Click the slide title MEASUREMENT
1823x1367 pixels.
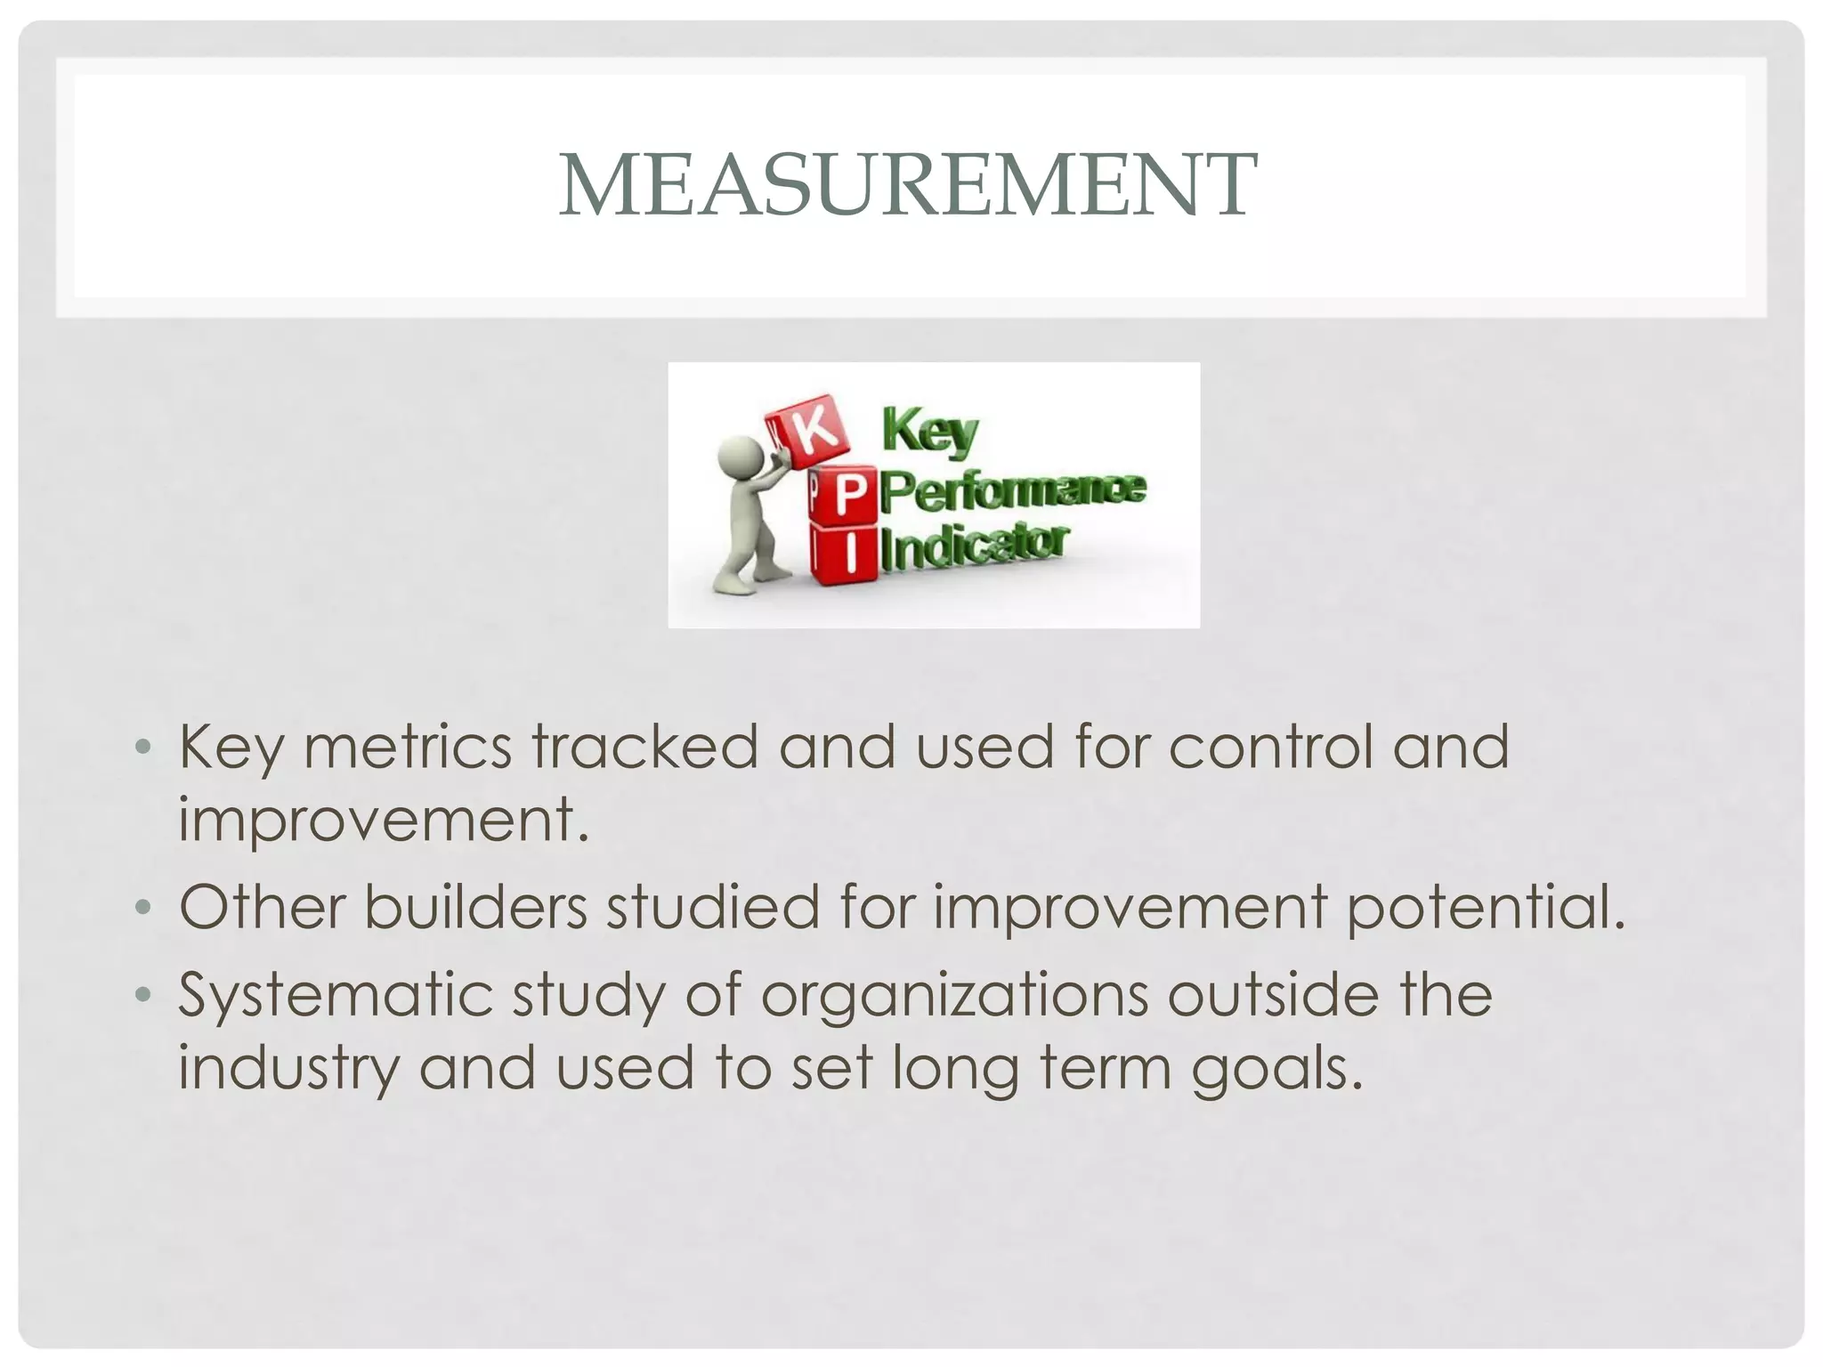(908, 185)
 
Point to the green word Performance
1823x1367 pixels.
(1015, 491)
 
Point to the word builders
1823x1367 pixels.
(476, 907)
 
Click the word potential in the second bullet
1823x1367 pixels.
(1485, 907)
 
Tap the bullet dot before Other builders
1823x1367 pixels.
(143, 909)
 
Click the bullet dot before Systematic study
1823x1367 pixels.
(143, 996)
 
